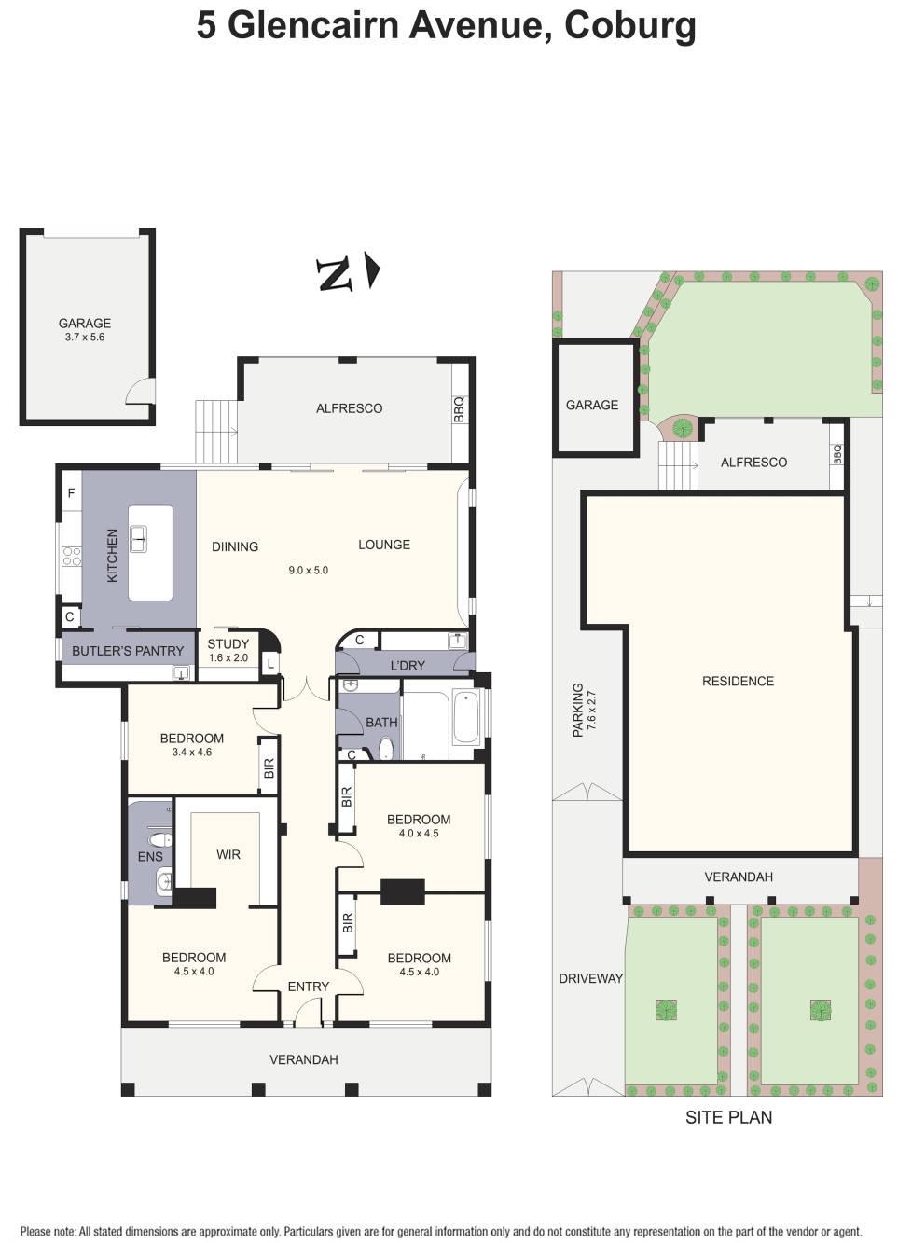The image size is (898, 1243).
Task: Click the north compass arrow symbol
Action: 372,271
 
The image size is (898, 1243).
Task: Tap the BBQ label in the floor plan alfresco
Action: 459,409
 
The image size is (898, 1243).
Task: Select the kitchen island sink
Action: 138,538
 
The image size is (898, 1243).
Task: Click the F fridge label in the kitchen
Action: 71,493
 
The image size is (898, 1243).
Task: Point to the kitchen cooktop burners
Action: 72,557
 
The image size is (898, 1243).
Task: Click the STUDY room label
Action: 228,644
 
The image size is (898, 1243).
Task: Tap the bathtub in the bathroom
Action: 464,716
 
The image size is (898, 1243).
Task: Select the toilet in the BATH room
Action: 386,748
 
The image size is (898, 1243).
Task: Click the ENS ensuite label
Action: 150,856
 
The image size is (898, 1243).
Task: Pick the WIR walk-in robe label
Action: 228,854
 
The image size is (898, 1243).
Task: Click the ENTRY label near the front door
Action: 309,987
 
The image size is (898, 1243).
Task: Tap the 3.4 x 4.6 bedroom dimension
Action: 192,753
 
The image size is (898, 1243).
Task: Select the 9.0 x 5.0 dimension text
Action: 308,570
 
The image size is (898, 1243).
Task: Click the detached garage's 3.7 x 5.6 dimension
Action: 85,338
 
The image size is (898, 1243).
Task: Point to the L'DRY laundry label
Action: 408,666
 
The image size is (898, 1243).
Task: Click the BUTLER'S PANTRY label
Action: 128,651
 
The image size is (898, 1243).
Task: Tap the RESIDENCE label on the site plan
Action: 738,682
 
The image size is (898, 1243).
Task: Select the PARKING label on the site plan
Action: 578,710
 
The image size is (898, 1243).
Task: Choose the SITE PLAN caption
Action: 728,1117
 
